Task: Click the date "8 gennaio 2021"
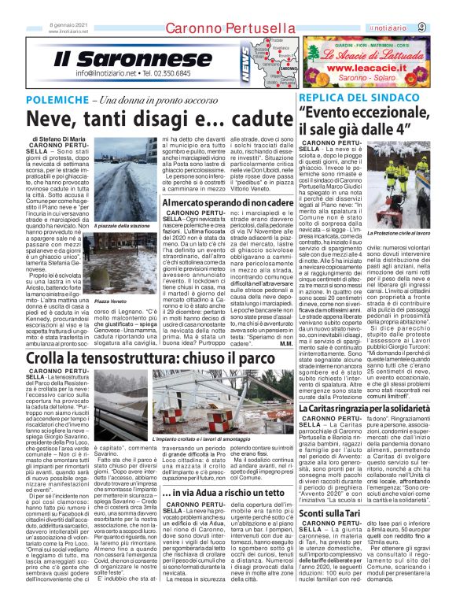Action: point(65,24)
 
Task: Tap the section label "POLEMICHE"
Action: point(77,100)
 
